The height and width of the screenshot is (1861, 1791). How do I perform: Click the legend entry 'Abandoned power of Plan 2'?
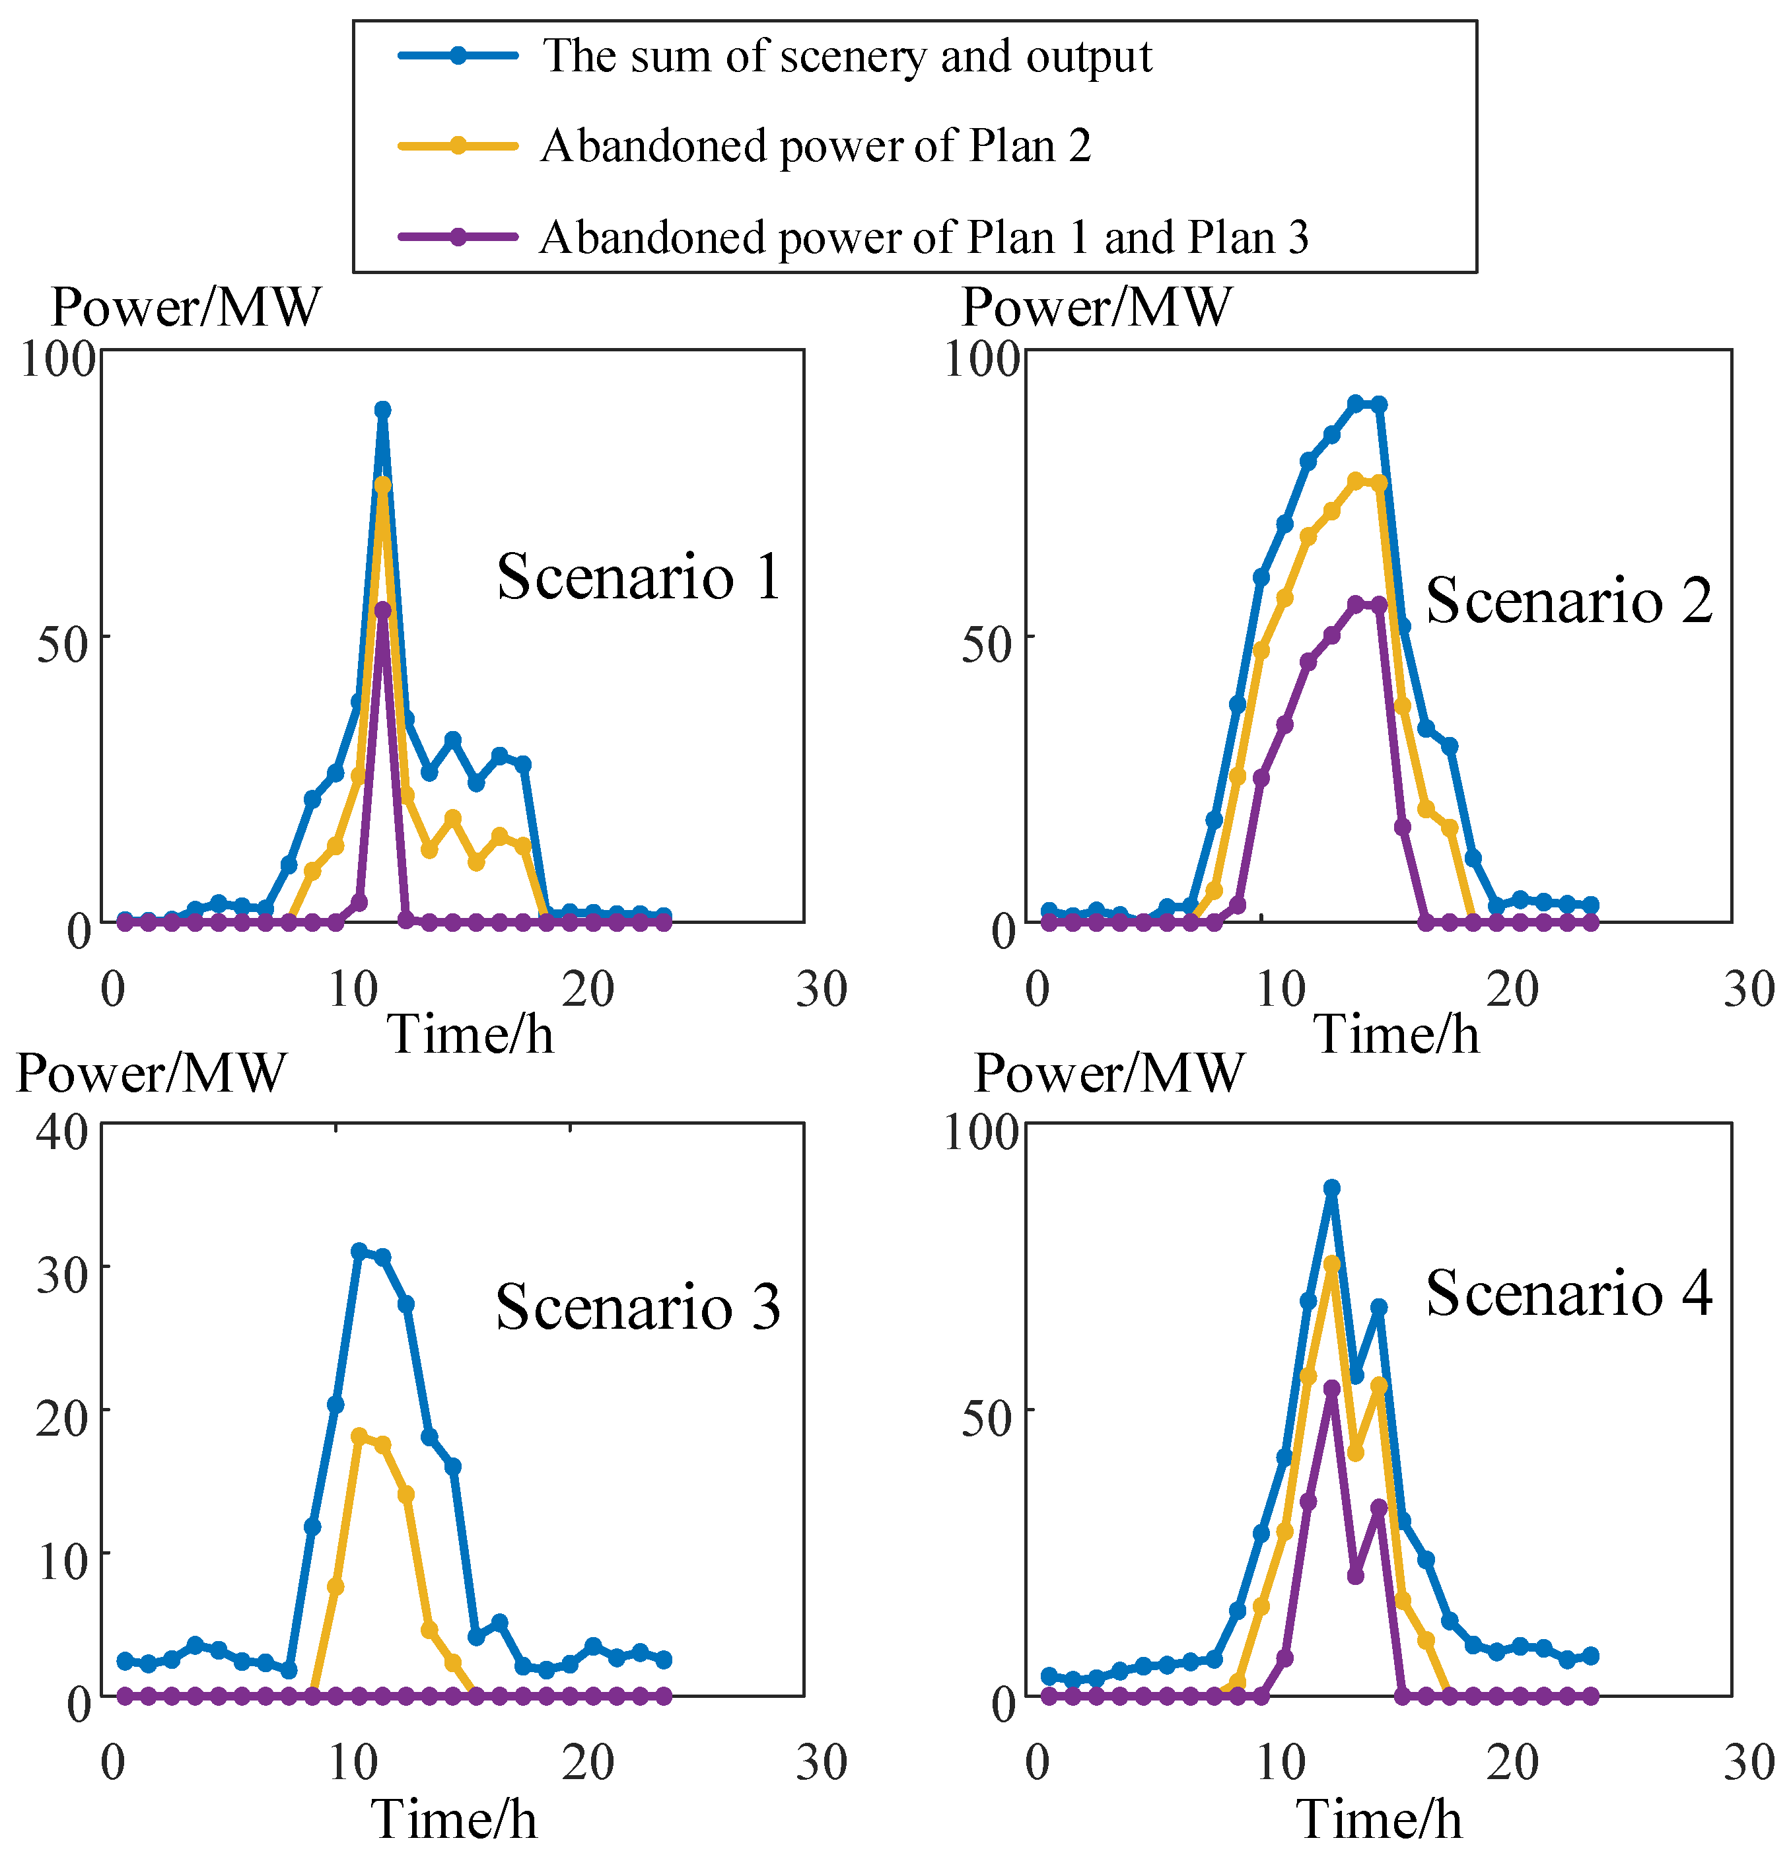(815, 146)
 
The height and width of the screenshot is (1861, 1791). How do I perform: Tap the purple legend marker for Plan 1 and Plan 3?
(458, 236)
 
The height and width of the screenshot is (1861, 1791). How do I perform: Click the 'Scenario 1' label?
(638, 577)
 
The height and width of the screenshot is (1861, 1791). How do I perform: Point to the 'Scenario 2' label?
(1569, 600)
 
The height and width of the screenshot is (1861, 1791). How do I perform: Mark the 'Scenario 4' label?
(1569, 1293)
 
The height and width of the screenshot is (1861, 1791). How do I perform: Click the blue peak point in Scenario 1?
(382, 410)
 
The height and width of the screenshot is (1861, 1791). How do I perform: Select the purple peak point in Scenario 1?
(382, 610)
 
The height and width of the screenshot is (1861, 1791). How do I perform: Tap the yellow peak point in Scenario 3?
(359, 1436)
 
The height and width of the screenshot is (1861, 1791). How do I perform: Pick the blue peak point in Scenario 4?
(1331, 1189)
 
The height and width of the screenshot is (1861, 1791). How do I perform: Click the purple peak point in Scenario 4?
(1331, 1388)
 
